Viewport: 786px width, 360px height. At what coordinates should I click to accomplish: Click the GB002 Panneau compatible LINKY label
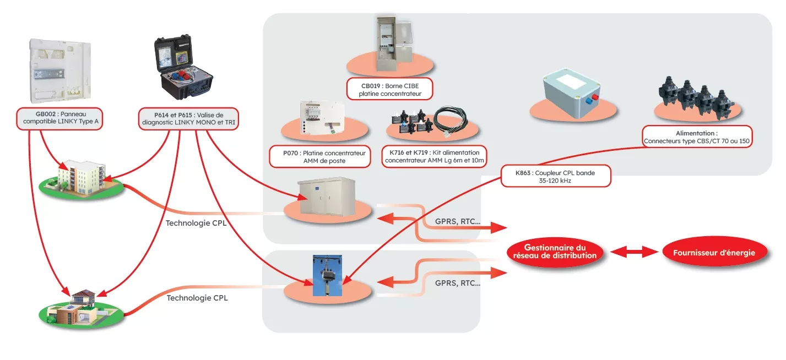59,118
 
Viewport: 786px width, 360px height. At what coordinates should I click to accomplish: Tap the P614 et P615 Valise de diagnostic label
188,118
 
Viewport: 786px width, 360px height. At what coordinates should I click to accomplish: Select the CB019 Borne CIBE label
390,90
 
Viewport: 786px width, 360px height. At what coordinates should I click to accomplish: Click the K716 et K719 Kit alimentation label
435,156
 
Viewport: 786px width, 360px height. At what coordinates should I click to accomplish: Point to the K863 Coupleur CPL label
555,176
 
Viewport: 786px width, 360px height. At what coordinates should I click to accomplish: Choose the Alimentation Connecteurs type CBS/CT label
697,137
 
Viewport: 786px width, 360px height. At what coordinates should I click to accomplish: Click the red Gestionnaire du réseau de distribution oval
554,252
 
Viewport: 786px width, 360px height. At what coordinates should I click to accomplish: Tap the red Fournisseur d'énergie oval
714,253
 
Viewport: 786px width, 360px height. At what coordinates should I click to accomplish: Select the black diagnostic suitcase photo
183,67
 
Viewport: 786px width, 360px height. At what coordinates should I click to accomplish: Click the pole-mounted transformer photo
327,275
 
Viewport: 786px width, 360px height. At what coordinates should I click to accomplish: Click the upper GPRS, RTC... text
453,221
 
